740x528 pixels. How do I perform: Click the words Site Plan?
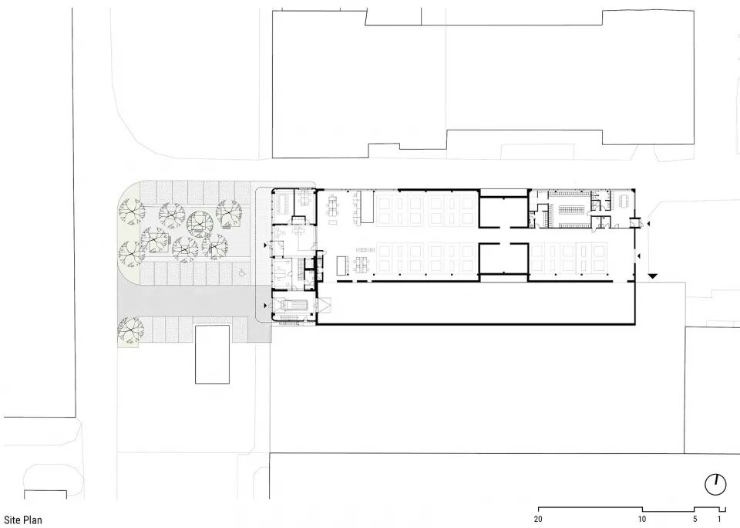point(22,520)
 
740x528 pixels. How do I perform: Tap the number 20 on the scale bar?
point(539,519)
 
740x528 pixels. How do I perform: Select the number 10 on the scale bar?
point(642,519)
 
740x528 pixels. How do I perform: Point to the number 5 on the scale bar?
point(695,519)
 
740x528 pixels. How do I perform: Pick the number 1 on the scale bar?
point(719,519)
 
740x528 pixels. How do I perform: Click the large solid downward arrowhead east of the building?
point(652,276)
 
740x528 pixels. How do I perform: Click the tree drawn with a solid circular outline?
point(200,224)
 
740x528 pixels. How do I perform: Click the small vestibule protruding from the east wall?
point(634,222)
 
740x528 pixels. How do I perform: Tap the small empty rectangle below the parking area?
point(213,354)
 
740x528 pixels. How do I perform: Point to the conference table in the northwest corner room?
point(285,204)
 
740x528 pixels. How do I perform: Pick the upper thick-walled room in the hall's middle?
point(503,212)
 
